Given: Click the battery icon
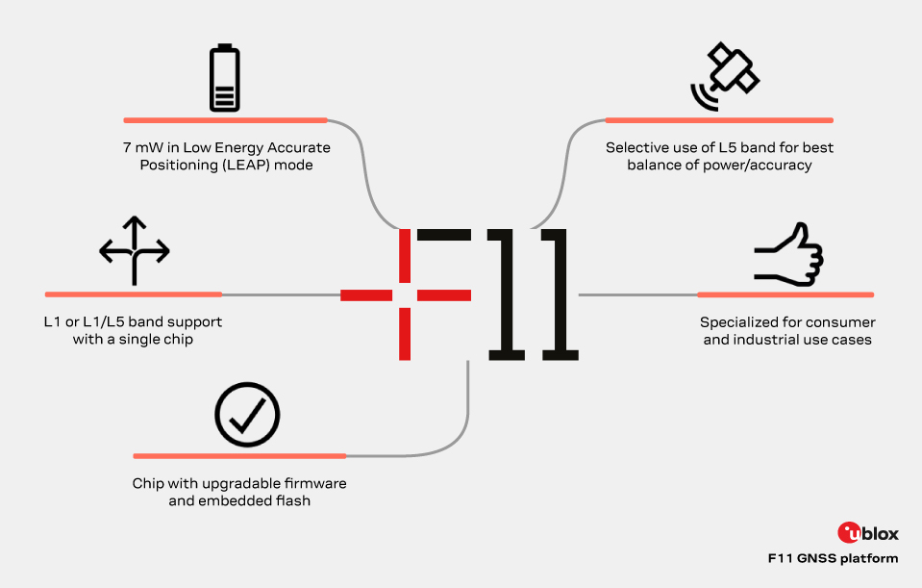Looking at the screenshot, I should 224,79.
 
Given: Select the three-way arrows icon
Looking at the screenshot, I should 135,251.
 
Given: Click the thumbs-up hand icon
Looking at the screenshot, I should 789,254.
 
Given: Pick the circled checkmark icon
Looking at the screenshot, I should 247,417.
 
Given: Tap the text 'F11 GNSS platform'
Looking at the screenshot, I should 833,558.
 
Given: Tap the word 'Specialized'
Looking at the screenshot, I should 743,322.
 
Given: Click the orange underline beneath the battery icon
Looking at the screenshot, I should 225,120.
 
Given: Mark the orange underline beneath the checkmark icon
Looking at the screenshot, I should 239,455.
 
